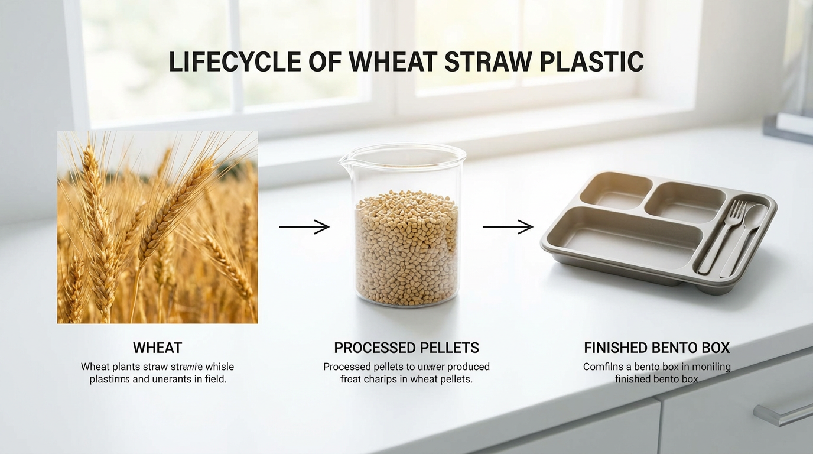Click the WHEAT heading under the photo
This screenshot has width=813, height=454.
(x=157, y=348)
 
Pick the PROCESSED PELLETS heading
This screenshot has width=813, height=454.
(x=406, y=348)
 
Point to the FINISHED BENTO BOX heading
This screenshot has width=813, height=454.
(x=656, y=348)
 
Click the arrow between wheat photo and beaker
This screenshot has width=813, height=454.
(x=304, y=227)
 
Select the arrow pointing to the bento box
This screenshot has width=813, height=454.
(x=508, y=227)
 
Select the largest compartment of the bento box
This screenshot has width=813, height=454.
(x=620, y=236)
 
